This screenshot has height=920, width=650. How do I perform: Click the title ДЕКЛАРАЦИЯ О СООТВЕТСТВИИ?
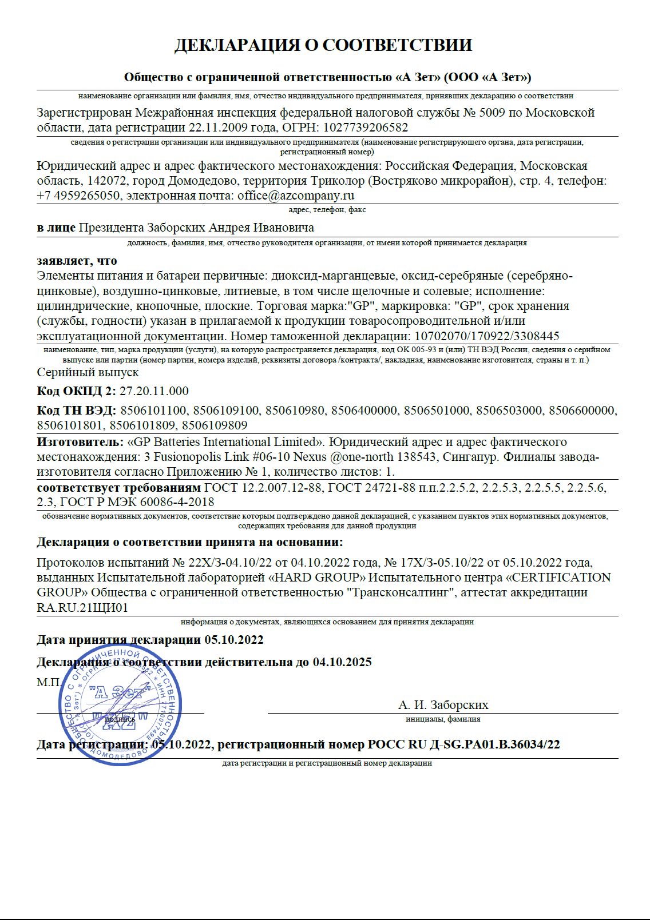click(323, 45)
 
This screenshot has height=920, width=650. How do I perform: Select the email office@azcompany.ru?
click(296, 196)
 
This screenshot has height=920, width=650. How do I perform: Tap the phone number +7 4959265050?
click(78, 196)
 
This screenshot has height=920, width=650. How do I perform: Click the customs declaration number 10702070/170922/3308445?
click(486, 336)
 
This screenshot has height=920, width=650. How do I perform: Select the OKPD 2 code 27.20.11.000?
click(154, 391)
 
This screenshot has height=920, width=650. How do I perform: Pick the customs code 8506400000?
click(364, 411)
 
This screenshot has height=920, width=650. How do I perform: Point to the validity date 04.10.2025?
click(342, 662)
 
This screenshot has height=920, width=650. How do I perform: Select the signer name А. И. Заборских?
click(443, 705)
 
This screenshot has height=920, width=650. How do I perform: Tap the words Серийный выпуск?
click(88, 372)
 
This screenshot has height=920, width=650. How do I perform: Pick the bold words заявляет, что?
click(77, 261)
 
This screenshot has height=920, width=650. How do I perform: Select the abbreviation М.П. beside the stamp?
click(49, 682)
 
